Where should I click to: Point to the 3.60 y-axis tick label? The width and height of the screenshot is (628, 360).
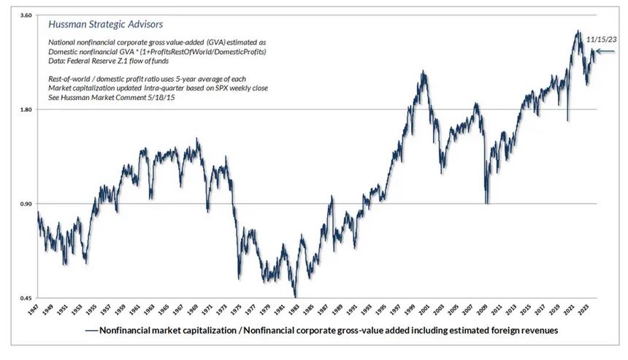(24, 15)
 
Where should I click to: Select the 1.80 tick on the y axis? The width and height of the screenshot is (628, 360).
(24, 110)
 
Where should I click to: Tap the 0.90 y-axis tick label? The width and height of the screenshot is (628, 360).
(24, 204)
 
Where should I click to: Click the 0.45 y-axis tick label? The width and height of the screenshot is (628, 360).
(24, 298)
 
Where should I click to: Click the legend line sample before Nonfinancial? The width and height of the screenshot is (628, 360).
(91, 330)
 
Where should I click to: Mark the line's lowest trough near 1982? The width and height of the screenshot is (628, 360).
(295, 296)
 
